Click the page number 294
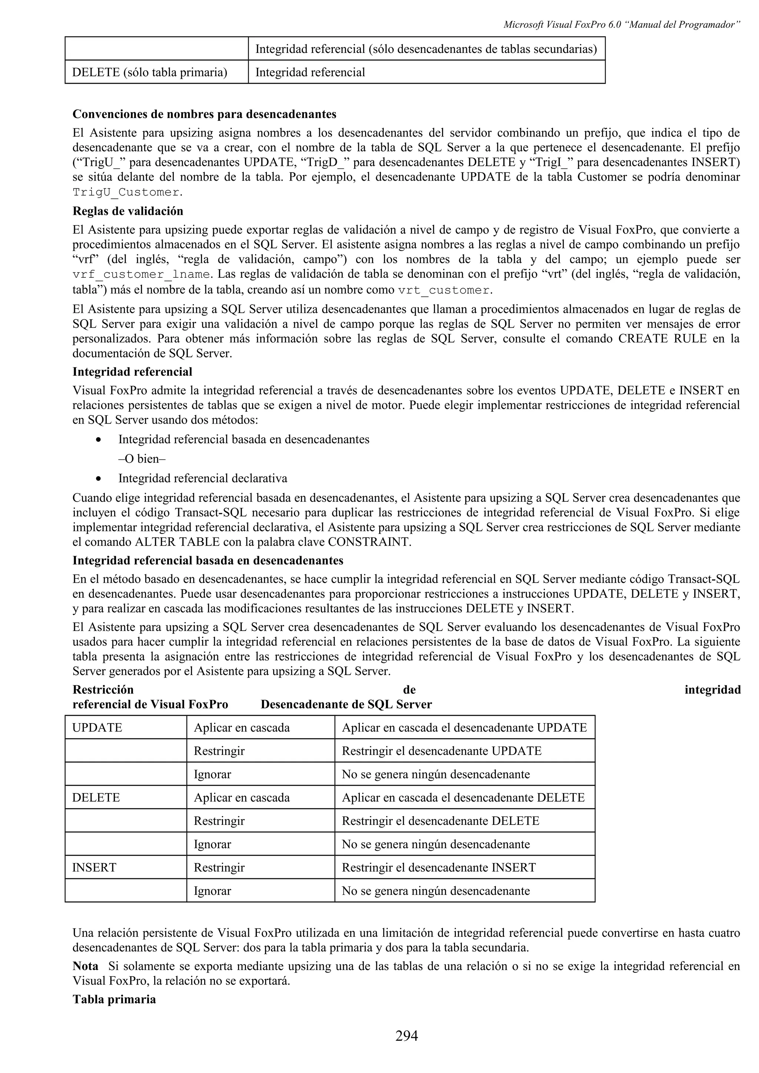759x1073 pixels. [x=406, y=1036]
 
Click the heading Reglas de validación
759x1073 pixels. [x=127, y=211]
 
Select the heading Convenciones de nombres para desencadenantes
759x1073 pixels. [x=204, y=114]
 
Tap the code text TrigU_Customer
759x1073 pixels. [x=126, y=193]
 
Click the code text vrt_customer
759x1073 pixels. [x=444, y=290]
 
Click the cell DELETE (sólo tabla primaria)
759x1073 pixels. [x=149, y=73]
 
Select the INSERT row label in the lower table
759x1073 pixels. [x=94, y=868]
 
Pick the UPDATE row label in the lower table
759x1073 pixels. [x=97, y=728]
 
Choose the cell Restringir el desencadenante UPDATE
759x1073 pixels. [x=441, y=751]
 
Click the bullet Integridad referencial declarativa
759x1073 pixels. [x=202, y=478]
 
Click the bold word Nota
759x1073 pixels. [x=85, y=966]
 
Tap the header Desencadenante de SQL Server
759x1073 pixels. [x=346, y=704]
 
